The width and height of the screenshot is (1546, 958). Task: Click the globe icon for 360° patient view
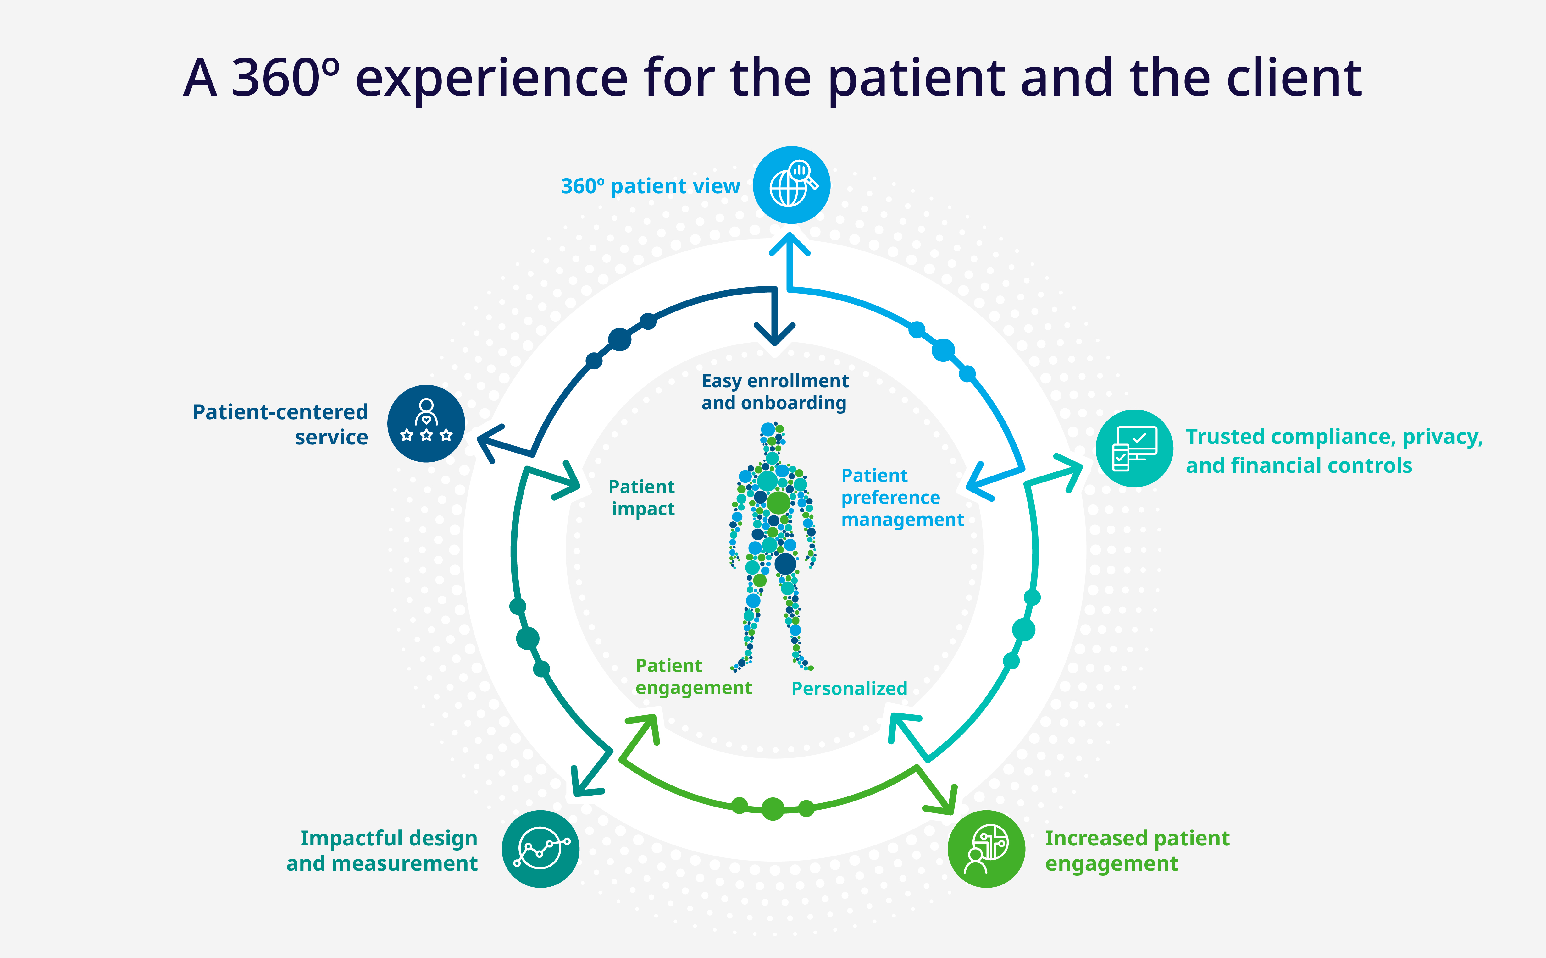[791, 185]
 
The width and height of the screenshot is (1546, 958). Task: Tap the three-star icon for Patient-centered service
[426, 423]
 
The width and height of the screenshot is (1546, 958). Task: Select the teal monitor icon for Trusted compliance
[1134, 448]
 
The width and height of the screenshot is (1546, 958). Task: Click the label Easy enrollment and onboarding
[775, 392]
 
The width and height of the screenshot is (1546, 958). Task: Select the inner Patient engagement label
[693, 677]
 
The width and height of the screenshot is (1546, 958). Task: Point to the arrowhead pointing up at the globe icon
[790, 244]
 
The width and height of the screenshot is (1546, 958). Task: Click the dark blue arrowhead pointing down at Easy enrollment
[775, 334]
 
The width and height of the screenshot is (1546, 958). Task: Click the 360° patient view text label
[650, 186]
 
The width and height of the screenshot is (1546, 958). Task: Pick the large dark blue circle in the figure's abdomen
[785, 563]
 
